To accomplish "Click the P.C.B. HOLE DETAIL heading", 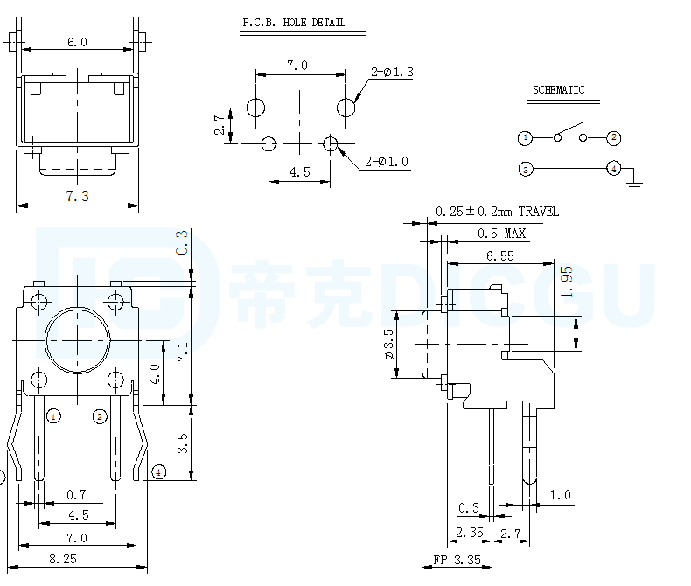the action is (x=294, y=23).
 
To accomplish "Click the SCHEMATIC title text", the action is (x=558, y=90).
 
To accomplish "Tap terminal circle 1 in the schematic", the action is (x=525, y=138).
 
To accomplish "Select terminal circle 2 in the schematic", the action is (x=614, y=138).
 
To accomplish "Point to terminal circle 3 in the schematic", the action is (x=526, y=169).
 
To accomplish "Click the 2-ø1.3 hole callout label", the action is (x=392, y=72).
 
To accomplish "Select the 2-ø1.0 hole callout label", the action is (x=386, y=162).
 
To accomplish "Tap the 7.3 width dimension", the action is (x=77, y=196).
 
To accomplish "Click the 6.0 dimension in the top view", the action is (x=77, y=42).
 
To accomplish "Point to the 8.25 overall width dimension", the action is (x=63, y=559).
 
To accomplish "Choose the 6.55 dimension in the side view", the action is (x=499, y=256).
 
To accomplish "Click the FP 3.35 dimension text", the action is (x=457, y=560).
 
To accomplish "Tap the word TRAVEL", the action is (x=539, y=212).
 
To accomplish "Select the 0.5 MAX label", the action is (x=501, y=233).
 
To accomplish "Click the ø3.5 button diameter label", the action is (x=388, y=344).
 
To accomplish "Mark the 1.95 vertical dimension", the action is (x=567, y=282).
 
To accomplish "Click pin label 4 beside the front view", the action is (x=158, y=472).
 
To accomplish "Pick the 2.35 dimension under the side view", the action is (x=470, y=533).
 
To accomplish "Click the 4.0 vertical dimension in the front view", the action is (x=155, y=374).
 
